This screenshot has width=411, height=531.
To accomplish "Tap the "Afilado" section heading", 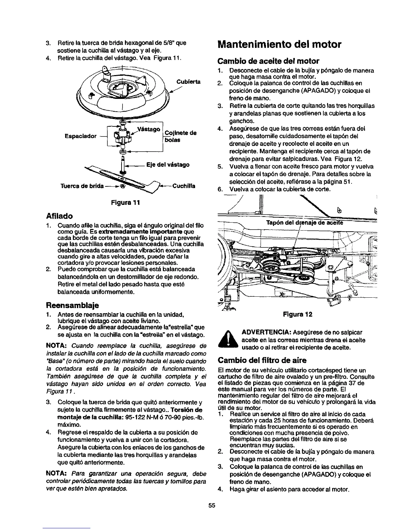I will [61, 215].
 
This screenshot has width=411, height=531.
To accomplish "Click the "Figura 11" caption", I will [126, 203].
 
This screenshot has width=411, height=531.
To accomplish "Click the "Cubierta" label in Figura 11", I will [188, 81].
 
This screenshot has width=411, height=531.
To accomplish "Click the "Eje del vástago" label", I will [168, 165].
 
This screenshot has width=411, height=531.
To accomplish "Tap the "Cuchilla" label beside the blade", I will [184, 186].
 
